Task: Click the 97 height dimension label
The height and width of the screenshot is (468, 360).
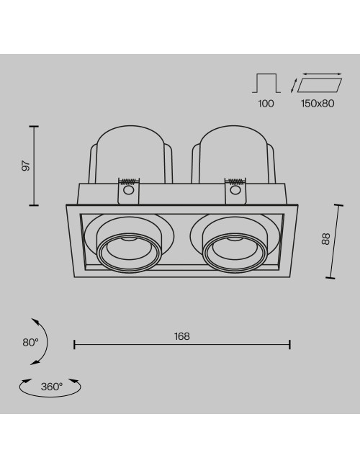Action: click(27, 166)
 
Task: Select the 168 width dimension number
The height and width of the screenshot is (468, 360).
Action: click(181, 336)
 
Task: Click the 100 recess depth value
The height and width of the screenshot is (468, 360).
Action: click(266, 104)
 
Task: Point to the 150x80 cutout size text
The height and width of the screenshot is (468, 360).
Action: click(318, 104)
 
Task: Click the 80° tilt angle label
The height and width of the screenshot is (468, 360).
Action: click(31, 342)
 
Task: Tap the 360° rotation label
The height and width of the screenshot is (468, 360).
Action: click(52, 387)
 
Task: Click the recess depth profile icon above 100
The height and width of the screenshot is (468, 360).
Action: click(266, 83)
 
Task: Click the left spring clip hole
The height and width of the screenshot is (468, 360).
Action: click(128, 190)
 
